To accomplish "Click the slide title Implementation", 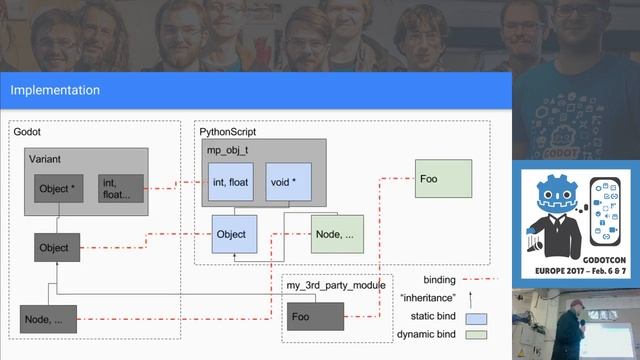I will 55,91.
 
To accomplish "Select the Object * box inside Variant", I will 57,188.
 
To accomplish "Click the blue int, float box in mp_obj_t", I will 232,182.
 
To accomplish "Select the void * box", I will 286,182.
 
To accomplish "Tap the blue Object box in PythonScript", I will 236,235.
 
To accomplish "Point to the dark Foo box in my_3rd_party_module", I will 314,318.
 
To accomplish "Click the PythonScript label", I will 228,131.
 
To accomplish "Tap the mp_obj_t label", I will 227,149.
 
